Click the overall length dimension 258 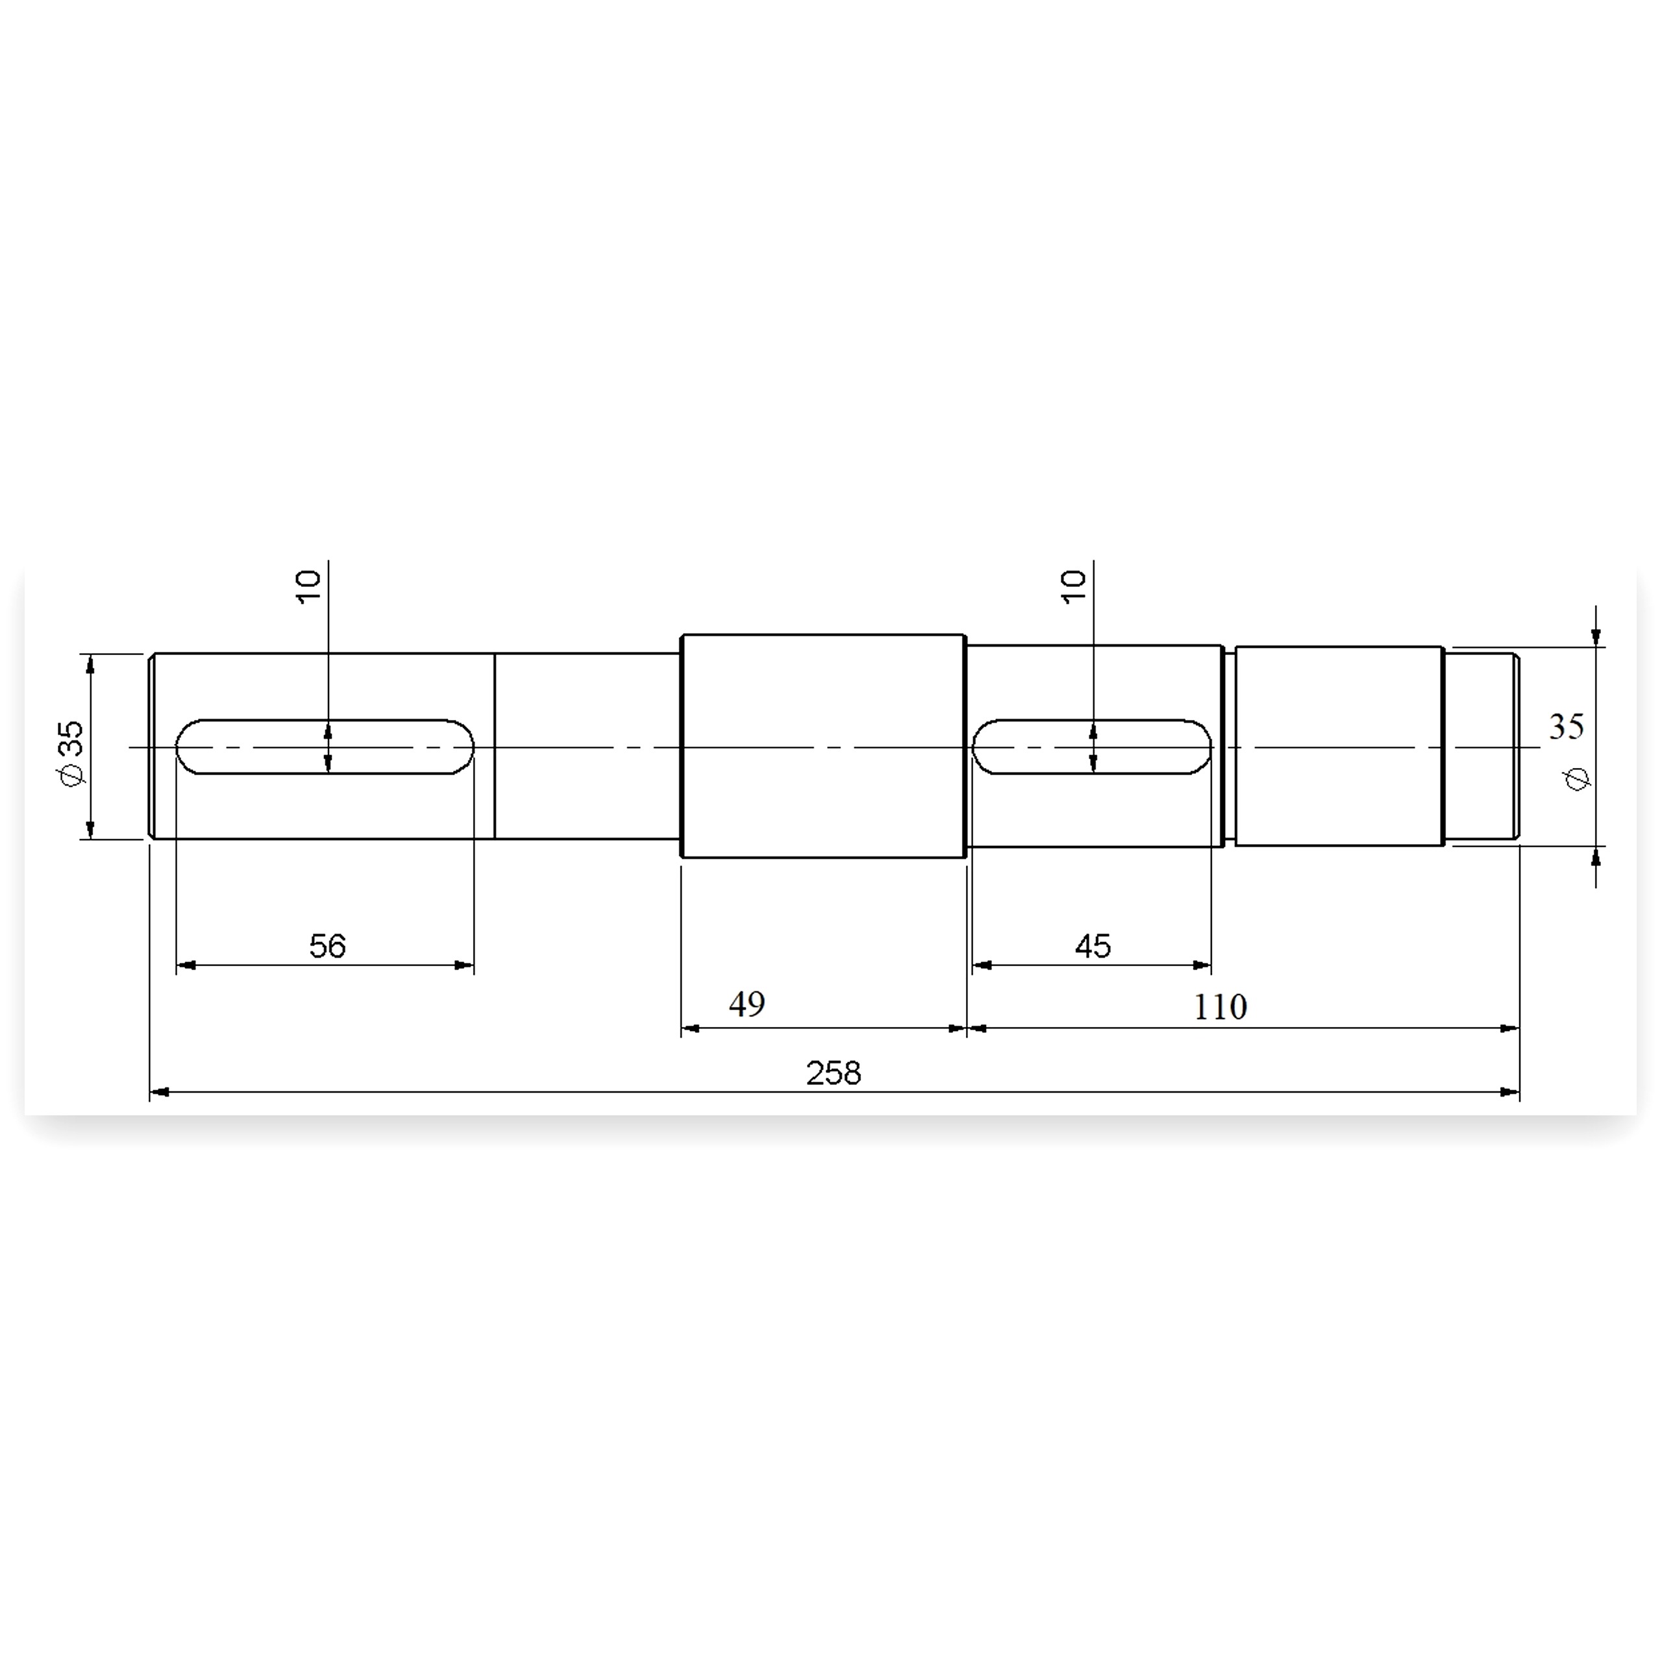(x=833, y=1073)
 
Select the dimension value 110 (x=1220, y=1006)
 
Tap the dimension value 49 (x=747, y=1003)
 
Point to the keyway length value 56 (x=327, y=947)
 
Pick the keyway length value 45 (x=1093, y=947)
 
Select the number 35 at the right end (x=1566, y=727)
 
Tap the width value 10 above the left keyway (x=308, y=587)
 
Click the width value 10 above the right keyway (x=1074, y=587)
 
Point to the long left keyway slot (x=325, y=747)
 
